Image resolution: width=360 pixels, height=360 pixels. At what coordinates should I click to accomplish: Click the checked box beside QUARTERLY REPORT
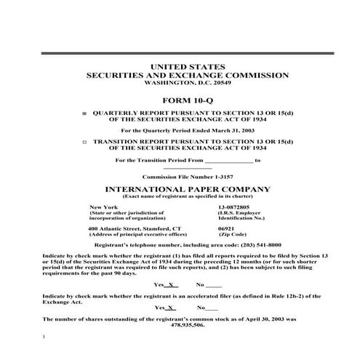click(x=84, y=114)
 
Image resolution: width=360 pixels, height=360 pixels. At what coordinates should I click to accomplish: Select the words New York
click(x=103, y=207)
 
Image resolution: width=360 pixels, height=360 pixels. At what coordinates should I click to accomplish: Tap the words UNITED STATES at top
click(x=180, y=67)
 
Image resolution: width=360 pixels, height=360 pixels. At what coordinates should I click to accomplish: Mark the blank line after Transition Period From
click(x=228, y=159)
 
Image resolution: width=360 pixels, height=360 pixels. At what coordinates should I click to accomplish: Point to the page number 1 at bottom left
click(x=45, y=337)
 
